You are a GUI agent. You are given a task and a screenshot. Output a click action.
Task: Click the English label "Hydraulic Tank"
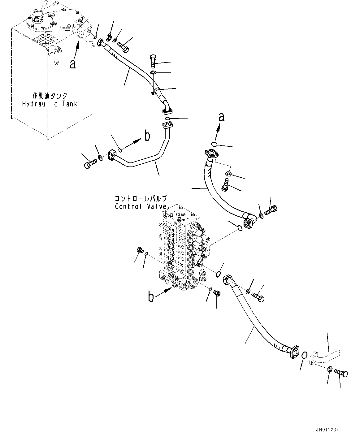[x=50, y=104]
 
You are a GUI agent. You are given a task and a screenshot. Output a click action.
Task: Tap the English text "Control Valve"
[x=141, y=206]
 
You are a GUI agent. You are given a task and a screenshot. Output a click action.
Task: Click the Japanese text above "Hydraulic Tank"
[x=50, y=96]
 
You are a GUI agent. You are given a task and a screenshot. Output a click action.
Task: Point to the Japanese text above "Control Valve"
[x=141, y=198]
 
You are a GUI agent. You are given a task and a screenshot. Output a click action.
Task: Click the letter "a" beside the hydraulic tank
[x=73, y=64]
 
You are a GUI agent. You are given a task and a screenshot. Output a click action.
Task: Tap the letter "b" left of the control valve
[x=151, y=297]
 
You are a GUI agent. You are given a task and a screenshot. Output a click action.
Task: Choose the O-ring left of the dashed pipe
[x=304, y=355]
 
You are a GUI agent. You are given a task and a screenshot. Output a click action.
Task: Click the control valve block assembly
[x=181, y=248]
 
